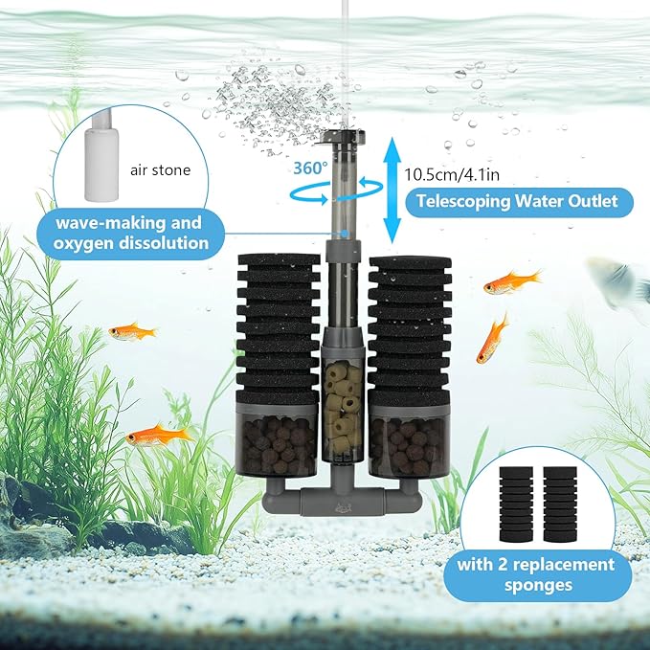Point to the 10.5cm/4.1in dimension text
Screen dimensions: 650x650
click(x=450, y=175)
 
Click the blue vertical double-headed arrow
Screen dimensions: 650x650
click(x=389, y=188)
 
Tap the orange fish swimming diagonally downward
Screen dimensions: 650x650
click(x=493, y=338)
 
